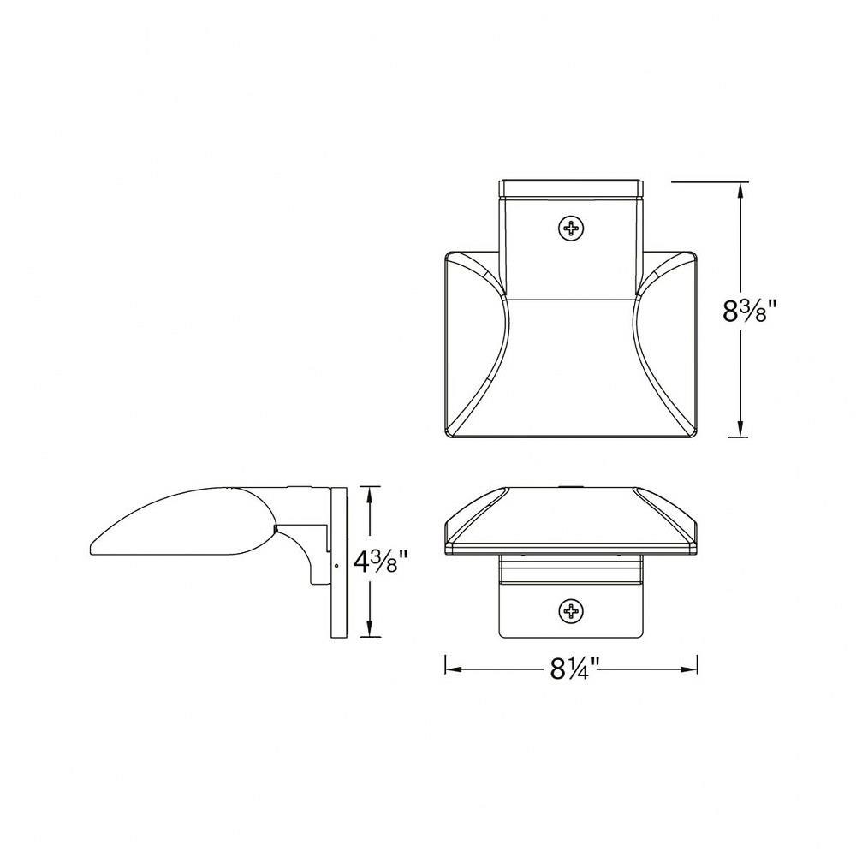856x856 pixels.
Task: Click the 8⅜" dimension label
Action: tap(749, 312)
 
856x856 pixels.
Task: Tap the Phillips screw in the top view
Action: tap(572, 228)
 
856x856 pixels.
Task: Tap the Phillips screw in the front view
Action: tap(572, 609)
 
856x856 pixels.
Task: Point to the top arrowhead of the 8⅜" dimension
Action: tap(740, 191)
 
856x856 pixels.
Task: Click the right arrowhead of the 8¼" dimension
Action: tap(688, 669)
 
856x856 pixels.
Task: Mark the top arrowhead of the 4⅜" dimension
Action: tap(370, 496)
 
